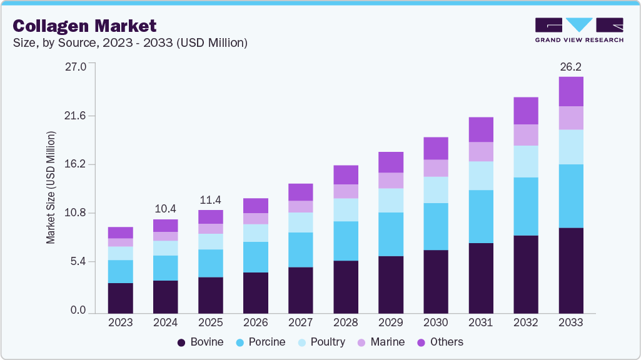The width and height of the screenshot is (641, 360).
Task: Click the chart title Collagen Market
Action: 84,26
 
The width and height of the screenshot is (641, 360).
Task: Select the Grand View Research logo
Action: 579,30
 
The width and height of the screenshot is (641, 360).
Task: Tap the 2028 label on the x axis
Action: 345,322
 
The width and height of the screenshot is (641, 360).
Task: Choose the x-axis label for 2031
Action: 480,322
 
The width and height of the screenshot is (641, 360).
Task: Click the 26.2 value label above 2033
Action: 570,66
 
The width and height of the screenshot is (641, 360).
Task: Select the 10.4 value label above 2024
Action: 165,208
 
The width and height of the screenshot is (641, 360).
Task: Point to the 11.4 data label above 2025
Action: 210,199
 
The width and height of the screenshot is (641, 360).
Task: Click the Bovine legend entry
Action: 200,342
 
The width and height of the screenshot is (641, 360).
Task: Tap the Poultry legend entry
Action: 321,342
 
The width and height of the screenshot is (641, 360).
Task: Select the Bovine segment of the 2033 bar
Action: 570,270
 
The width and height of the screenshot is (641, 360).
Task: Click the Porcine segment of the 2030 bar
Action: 435,226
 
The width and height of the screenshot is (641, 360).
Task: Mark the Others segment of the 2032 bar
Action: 525,111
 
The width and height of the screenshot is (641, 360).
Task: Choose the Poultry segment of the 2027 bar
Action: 300,222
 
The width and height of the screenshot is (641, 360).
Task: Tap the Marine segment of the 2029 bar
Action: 390,181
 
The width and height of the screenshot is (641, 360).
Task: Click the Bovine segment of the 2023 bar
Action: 120,297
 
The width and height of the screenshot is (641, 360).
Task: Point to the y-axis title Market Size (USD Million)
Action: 51,187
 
